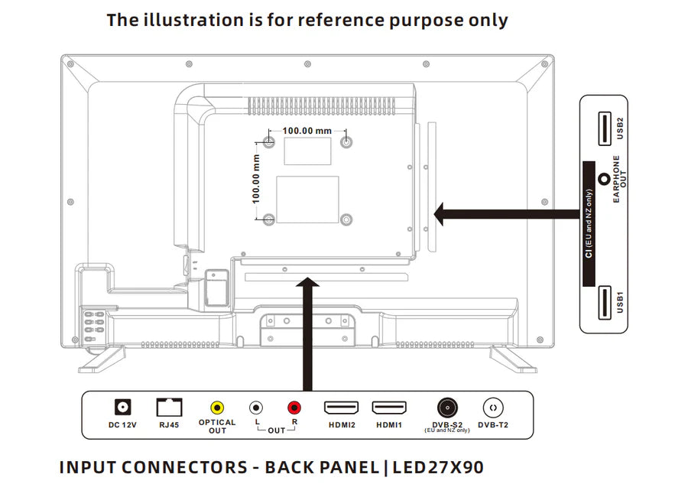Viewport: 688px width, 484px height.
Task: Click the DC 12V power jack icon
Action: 122,408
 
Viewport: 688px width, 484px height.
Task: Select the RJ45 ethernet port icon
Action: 169,408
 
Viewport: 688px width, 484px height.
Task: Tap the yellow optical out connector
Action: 217,408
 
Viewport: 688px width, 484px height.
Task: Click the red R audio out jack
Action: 294,408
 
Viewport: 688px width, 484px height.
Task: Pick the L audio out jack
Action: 257,408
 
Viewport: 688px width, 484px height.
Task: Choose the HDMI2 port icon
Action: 342,408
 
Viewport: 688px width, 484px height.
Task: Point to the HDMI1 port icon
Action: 389,408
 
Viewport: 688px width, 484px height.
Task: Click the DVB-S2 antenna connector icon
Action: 447,408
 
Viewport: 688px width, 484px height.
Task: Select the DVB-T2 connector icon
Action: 492,408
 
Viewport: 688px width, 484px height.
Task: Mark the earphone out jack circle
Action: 604,180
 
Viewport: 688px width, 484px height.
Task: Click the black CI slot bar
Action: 589,223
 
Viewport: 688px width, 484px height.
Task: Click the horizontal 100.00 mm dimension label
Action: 307,131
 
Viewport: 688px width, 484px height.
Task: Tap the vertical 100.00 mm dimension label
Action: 257,178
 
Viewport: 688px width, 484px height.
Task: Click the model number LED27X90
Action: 438,466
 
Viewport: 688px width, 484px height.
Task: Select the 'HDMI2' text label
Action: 342,424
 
